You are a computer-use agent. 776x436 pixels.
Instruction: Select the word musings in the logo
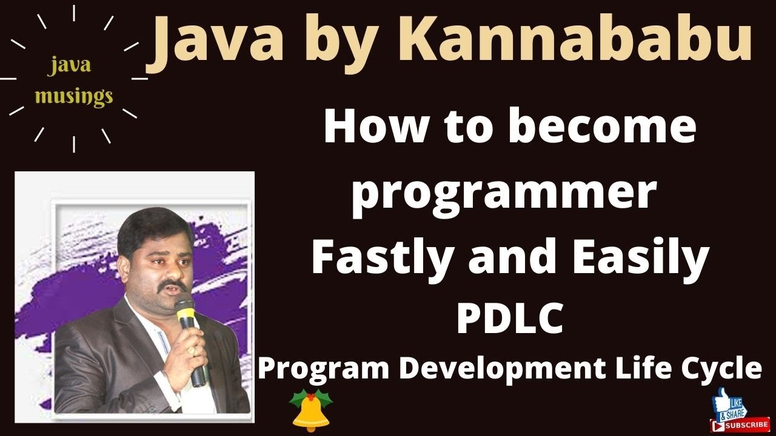coord(74,95)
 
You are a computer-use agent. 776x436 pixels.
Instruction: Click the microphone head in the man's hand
coord(184,312)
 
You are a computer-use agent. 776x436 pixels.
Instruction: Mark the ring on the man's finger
coord(192,351)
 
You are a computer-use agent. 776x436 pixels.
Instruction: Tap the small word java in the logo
coord(70,65)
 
